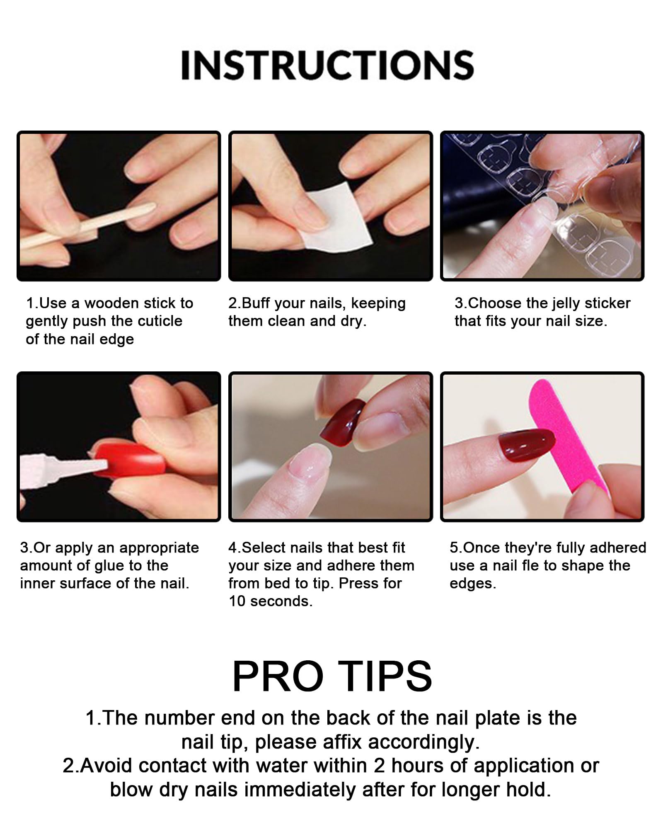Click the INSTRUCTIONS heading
(327, 65)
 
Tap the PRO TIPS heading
(332, 676)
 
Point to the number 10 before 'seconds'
(237, 601)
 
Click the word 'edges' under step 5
(472, 584)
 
